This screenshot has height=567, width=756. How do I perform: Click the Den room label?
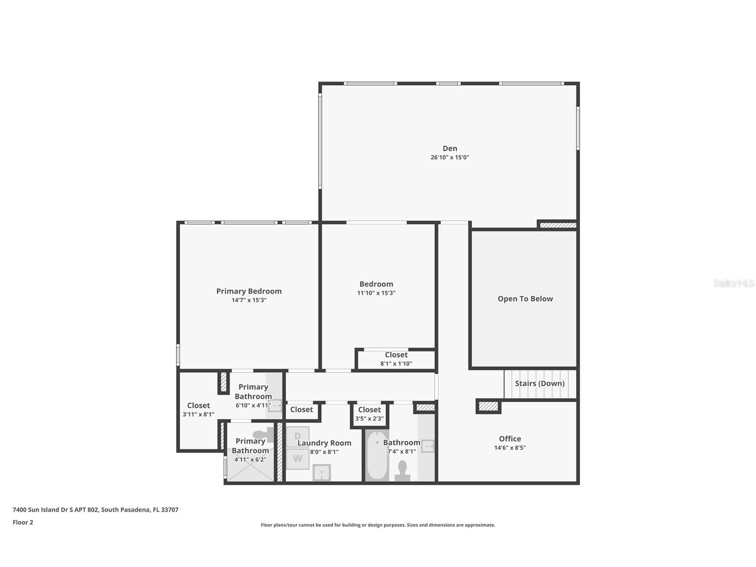tap(450, 148)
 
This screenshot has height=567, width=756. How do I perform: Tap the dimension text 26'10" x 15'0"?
tap(450, 157)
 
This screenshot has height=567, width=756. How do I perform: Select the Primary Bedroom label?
tap(249, 291)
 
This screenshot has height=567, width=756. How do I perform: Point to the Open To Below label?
tap(525, 299)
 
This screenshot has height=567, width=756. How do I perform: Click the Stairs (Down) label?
tap(539, 383)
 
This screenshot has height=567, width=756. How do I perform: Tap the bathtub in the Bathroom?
tap(377, 456)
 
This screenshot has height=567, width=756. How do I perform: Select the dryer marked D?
tap(297, 436)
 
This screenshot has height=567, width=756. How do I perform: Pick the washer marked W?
tap(297, 459)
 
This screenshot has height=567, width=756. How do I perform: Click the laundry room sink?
tap(321, 472)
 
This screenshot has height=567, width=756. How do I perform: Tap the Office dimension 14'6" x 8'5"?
tap(510, 448)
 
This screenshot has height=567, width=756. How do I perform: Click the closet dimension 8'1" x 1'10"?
tap(396, 364)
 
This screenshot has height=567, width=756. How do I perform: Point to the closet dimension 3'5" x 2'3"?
tap(369, 419)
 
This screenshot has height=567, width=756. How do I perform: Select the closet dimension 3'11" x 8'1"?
tap(198, 414)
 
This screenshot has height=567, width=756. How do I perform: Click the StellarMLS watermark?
tap(733, 283)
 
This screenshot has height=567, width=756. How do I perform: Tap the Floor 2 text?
tap(23, 522)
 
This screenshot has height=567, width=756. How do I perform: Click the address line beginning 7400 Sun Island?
tap(95, 509)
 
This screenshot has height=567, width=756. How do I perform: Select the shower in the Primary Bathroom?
tap(249, 472)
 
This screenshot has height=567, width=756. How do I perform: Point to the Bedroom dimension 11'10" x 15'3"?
tap(376, 293)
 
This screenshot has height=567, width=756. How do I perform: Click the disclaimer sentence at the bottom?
tap(378, 525)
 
